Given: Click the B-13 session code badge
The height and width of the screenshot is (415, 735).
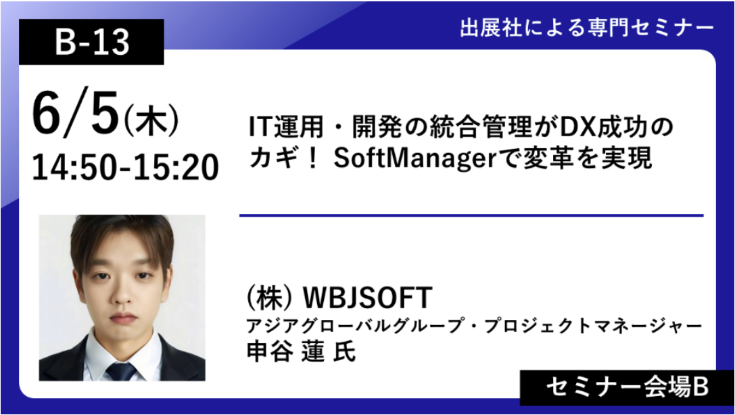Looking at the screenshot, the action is [x=91, y=42].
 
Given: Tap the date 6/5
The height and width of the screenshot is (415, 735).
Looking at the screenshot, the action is [x=76, y=114].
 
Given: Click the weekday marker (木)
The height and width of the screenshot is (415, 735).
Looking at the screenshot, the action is [x=151, y=121].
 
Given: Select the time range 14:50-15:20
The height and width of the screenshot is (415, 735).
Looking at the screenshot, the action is [x=125, y=168].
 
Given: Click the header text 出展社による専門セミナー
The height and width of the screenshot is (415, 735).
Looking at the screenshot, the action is [x=586, y=28].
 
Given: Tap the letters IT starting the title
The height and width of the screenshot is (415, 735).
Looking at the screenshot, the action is [x=260, y=127].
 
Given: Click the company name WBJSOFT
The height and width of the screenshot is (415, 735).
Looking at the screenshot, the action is [x=368, y=298].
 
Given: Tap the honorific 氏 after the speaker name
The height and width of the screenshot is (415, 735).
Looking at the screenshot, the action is [x=345, y=351].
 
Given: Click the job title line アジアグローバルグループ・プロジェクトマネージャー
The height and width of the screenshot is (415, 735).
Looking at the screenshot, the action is [x=475, y=326].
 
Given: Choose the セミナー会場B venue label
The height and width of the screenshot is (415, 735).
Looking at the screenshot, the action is [x=627, y=388].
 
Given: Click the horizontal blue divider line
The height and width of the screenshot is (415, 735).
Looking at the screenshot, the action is [x=471, y=215].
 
